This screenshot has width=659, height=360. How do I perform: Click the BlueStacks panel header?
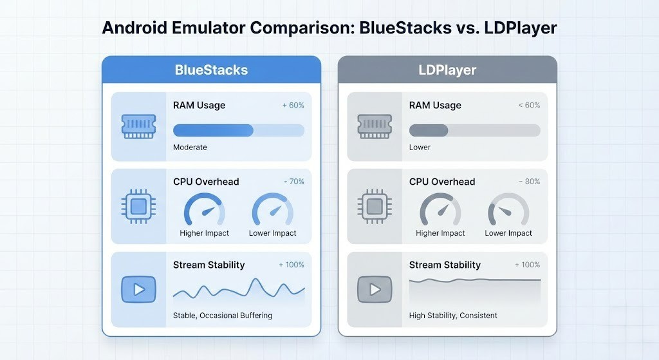(x=211, y=70)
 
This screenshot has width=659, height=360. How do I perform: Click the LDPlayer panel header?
(x=447, y=70)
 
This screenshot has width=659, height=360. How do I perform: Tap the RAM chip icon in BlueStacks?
(x=138, y=126)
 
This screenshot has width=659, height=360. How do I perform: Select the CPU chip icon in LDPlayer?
(x=375, y=206)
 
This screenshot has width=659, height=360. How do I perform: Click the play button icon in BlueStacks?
(x=138, y=289)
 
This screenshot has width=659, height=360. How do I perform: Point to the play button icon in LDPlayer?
(x=375, y=289)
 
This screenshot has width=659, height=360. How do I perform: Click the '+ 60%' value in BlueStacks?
(x=293, y=105)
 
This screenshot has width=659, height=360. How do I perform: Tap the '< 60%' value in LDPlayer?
(x=529, y=105)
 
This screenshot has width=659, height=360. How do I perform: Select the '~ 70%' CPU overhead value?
(x=293, y=182)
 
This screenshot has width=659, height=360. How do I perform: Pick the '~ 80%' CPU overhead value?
(x=529, y=182)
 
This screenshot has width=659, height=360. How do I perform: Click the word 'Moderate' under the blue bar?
(x=190, y=147)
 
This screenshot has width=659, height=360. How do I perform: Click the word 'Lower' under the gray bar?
(x=420, y=147)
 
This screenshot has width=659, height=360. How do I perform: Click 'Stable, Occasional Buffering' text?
(x=222, y=316)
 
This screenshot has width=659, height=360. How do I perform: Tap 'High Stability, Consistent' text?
(x=453, y=316)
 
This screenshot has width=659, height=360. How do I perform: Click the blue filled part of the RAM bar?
(x=213, y=130)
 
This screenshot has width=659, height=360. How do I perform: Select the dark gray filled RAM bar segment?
(x=429, y=130)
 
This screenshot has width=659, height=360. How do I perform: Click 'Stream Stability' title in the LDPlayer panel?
(x=445, y=265)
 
